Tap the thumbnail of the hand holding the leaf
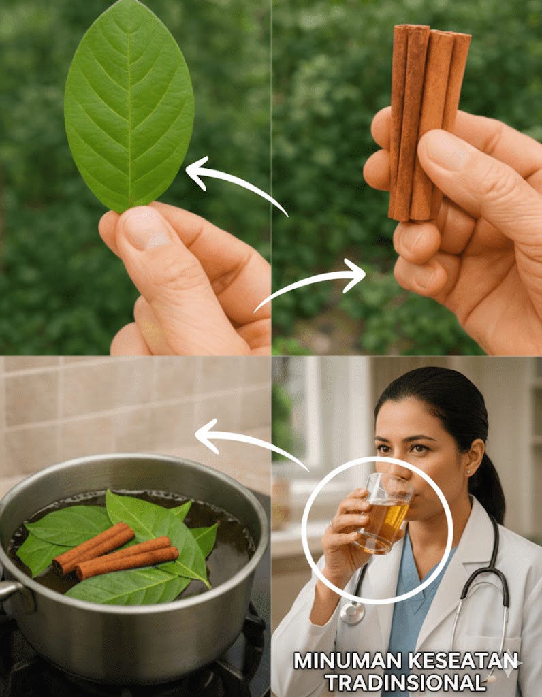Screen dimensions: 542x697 [146, 228]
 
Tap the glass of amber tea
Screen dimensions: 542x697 [384, 513]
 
